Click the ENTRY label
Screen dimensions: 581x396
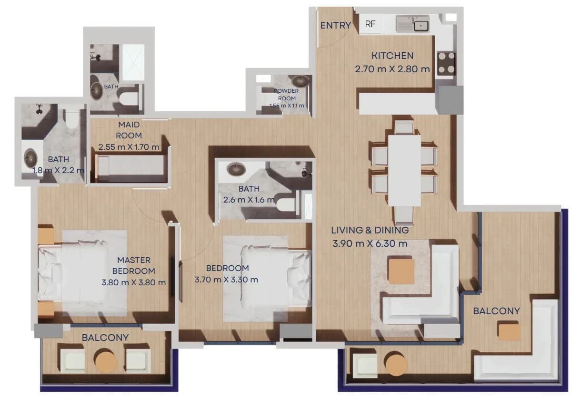(x=336, y=25)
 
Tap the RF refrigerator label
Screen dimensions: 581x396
(x=370, y=24)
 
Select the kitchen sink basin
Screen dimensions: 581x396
(x=421, y=26)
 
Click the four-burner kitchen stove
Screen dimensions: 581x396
(x=446, y=62)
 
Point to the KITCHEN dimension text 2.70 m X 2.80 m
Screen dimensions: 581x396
(x=392, y=69)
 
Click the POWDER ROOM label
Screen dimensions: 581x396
(x=287, y=95)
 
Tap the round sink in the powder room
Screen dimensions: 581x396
(x=301, y=81)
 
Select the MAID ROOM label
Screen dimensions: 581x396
(x=129, y=130)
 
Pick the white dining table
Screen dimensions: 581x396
(x=404, y=170)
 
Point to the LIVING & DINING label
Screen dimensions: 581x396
(x=370, y=230)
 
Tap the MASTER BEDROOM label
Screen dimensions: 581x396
(x=134, y=265)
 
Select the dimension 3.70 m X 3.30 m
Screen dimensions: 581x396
(x=226, y=280)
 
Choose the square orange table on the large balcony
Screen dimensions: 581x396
(x=510, y=332)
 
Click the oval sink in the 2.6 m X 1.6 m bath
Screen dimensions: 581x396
(x=236, y=170)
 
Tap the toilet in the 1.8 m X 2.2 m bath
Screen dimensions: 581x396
(x=71, y=119)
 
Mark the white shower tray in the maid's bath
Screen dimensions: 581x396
(x=133, y=62)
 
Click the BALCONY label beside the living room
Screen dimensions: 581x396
(x=496, y=311)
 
